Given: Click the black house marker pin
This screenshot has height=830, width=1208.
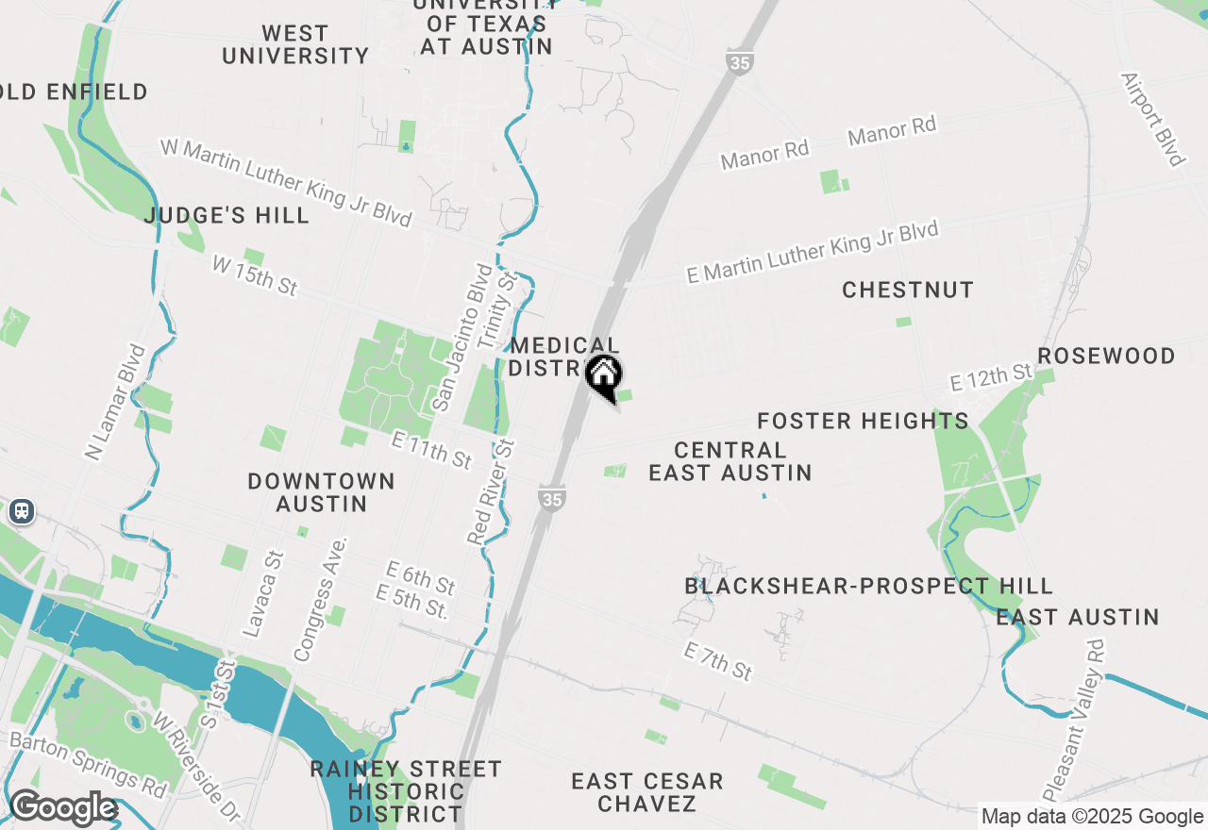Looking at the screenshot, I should (x=604, y=377).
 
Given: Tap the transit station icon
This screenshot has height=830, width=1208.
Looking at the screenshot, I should (x=21, y=511).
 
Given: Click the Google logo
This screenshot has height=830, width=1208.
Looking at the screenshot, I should (x=62, y=808).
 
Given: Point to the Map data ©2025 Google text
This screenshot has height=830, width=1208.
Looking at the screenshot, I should (x=1092, y=817).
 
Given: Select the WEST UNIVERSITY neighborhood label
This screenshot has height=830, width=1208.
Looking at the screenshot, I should (x=295, y=44).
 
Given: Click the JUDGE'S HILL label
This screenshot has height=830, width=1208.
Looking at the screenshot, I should (x=226, y=216).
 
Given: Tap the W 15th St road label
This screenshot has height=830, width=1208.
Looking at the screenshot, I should (x=255, y=275).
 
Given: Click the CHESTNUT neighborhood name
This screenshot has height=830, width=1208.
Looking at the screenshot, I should (x=908, y=290).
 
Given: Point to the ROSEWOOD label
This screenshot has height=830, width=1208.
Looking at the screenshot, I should (x=1106, y=356).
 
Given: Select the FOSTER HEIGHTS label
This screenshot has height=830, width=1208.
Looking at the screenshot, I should (x=863, y=421).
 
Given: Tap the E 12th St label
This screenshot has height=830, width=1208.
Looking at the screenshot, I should (x=991, y=377).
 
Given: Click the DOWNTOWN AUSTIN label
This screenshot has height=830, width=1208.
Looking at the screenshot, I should (x=321, y=492).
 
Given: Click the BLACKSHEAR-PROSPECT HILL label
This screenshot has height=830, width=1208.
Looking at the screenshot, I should (x=868, y=587).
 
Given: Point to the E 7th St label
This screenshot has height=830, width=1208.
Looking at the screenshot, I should (x=718, y=661).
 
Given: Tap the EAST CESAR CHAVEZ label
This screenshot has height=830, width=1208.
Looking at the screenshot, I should (x=647, y=792).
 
